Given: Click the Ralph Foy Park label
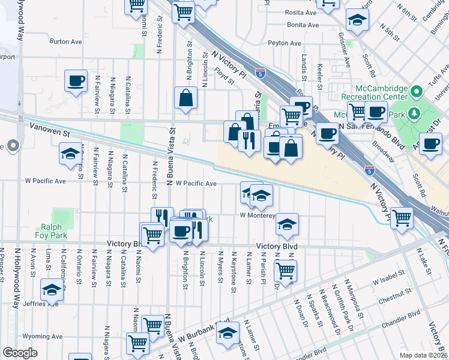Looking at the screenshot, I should point(55,231).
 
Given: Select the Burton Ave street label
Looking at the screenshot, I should point(66,42).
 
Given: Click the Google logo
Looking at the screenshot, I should point(20,353).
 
